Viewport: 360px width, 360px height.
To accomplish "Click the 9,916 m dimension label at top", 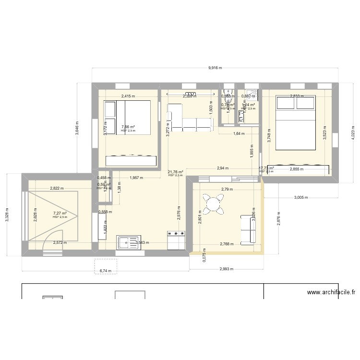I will click(215, 68).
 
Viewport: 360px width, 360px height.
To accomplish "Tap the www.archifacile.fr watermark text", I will click(331, 292).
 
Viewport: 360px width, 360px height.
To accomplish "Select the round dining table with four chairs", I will click(212, 204).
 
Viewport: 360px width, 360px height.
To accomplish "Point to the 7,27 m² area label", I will click(60, 214).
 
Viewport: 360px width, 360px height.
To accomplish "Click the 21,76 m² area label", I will click(175, 172).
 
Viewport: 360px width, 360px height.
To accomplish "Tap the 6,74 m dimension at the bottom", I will click(105, 271).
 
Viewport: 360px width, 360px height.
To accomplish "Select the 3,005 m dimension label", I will click(300, 197).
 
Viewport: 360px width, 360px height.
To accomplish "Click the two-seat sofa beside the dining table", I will click(248, 229).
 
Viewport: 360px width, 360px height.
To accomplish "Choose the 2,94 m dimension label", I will click(222, 168).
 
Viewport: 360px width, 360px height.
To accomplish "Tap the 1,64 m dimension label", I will click(239, 134).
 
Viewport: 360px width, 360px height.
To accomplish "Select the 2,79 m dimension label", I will click(227, 190).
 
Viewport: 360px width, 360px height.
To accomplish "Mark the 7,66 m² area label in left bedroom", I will click(128, 127).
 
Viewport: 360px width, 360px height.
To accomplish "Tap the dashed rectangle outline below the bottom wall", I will click(105, 266).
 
